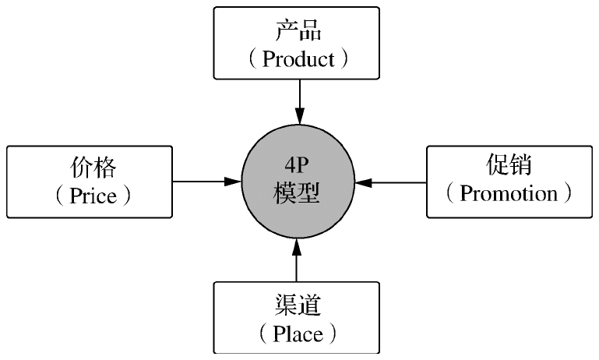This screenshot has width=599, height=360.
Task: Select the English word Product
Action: click(x=298, y=59)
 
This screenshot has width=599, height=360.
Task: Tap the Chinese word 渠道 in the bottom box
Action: click(x=297, y=306)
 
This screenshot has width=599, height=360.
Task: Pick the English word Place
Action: click(x=298, y=334)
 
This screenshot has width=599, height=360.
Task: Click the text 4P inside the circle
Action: click(x=297, y=167)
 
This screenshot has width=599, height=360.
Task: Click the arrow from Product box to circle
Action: click(x=298, y=97)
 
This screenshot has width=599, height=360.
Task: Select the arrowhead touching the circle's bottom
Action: click(x=297, y=247)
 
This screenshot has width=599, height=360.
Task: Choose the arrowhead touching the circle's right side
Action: click(x=363, y=182)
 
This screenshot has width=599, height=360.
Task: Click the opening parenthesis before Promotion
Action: click(x=450, y=193)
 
